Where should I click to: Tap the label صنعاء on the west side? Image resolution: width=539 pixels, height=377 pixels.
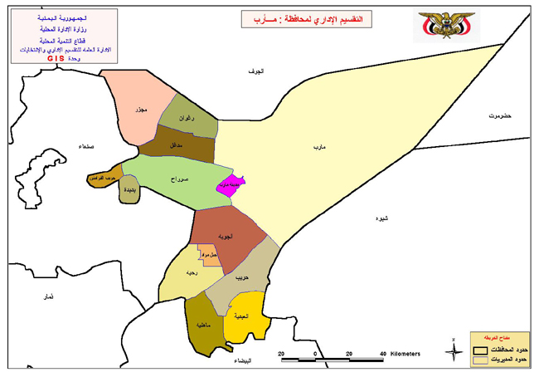85,146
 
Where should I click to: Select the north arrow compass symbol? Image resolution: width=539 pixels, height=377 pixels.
454,352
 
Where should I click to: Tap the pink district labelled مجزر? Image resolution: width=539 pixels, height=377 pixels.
140,110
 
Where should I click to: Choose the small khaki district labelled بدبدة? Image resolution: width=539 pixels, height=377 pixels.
129,189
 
